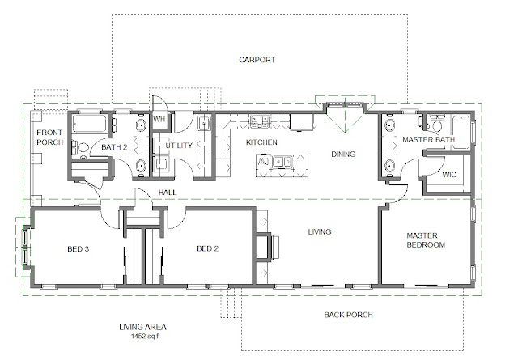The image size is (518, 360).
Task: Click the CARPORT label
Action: [x=257, y=60]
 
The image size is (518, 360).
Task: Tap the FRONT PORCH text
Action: [x=49, y=138]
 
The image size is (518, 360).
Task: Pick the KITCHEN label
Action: [x=261, y=142]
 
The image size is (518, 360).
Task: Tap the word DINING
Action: [x=344, y=154]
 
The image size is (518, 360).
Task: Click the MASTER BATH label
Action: [x=428, y=141]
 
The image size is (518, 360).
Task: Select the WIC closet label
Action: [x=450, y=174]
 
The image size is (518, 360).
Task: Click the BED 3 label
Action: [x=77, y=249]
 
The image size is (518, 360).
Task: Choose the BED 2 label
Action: [x=208, y=249]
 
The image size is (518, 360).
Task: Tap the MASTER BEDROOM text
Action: [x=426, y=239]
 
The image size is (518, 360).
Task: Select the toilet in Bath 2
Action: [x=81, y=148]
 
